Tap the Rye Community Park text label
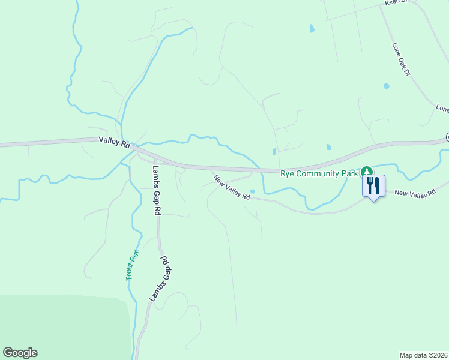pos(318,174)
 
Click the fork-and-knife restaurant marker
pos(373,185)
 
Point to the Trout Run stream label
pos(133,265)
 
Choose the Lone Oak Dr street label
pos(400,59)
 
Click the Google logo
pos(20,353)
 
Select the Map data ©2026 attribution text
pos(424,355)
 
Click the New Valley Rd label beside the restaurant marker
pos(415,193)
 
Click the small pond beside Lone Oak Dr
pos(387,86)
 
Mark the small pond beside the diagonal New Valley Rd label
pos(253,191)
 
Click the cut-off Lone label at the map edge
pos(442,109)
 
